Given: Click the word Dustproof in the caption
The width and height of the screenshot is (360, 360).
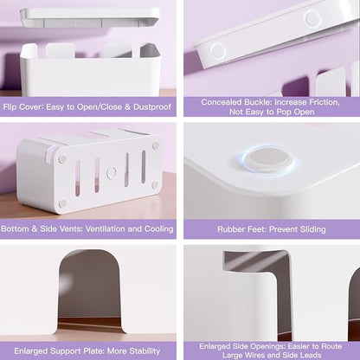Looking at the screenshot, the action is coord(152,107).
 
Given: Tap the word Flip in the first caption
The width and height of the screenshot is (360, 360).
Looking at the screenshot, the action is coord(9,107).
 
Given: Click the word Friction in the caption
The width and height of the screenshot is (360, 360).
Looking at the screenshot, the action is coord(325,102).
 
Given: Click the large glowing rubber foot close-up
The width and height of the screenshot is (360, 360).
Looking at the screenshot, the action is coord(268,159).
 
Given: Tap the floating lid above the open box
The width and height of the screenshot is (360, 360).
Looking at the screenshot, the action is coord(89,18).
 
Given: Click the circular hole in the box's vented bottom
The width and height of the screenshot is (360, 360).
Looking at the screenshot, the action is coord(112,173).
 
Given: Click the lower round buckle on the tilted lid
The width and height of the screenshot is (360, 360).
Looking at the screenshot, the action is coord(219,51).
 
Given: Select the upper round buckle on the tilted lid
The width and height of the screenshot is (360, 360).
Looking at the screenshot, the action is coord(312,17).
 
